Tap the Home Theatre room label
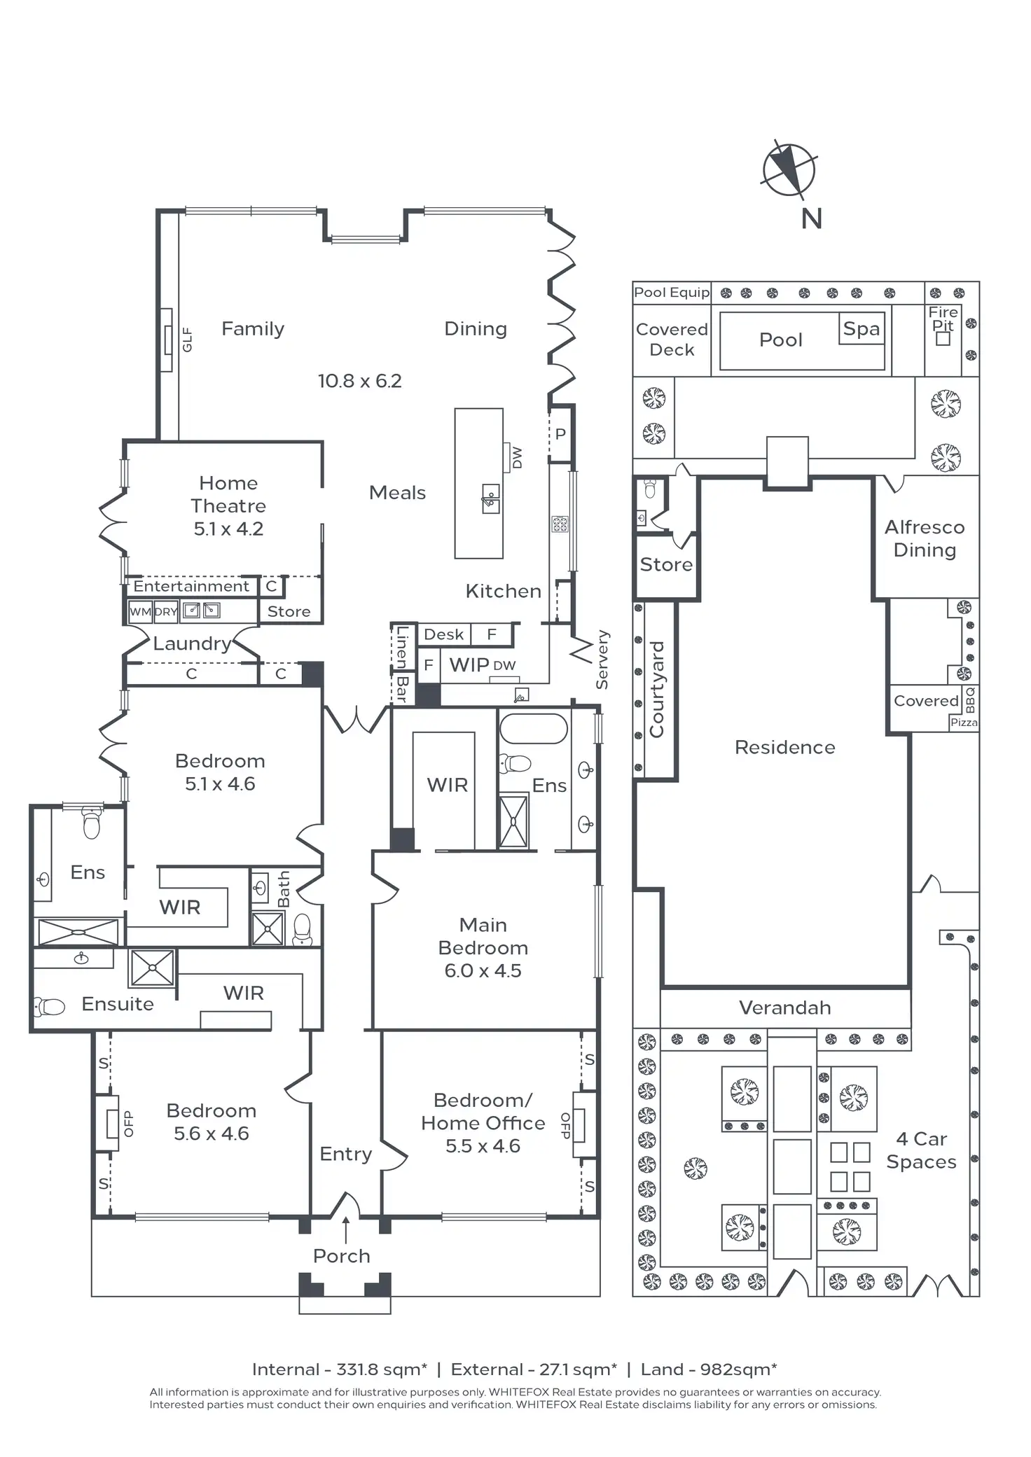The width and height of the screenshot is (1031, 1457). pyautogui.click(x=228, y=506)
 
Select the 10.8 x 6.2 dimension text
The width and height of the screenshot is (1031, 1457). pyautogui.click(x=359, y=381)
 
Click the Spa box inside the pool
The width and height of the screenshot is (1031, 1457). pyautogui.click(x=861, y=329)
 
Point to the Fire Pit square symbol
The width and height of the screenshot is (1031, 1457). pyautogui.click(x=943, y=339)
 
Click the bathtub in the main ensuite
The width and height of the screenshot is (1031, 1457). pyautogui.click(x=533, y=729)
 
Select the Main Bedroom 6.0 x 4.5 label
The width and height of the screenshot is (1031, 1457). pyautogui.click(x=483, y=947)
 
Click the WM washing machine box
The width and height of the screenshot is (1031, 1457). pyautogui.click(x=140, y=611)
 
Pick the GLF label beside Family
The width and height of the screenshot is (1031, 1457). pyautogui.click(x=187, y=340)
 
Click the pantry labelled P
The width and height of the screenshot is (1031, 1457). pyautogui.click(x=560, y=434)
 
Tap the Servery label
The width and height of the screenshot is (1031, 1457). pyautogui.click(x=602, y=660)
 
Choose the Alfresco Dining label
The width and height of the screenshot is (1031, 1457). pyautogui.click(x=925, y=538)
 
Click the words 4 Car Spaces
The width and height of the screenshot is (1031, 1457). pyautogui.click(x=921, y=1150)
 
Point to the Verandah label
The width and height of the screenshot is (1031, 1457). pyautogui.click(x=784, y=1008)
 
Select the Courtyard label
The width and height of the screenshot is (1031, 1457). pyautogui.click(x=656, y=690)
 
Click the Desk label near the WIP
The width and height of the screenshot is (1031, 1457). pyautogui.click(x=443, y=634)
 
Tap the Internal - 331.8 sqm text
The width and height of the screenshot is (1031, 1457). pyautogui.click(x=339, y=1369)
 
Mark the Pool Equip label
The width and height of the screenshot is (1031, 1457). pyautogui.click(x=671, y=293)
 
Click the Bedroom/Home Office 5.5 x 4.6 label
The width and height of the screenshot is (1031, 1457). pyautogui.click(x=483, y=1123)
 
